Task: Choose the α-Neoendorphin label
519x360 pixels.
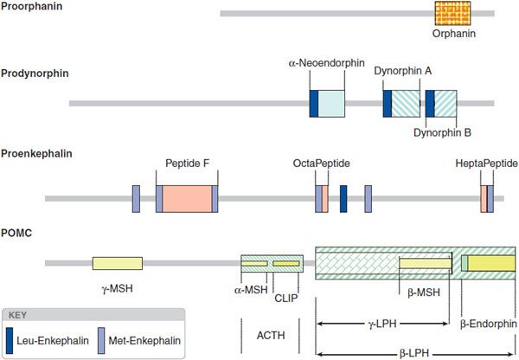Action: (327, 64)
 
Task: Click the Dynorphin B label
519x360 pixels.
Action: (441, 132)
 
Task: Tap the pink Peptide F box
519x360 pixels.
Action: (187, 198)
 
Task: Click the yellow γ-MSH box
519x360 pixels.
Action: (118, 262)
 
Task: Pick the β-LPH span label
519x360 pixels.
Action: (417, 352)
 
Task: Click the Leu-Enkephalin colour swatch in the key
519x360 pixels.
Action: (10, 337)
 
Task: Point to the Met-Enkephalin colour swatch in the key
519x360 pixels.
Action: (102, 337)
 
